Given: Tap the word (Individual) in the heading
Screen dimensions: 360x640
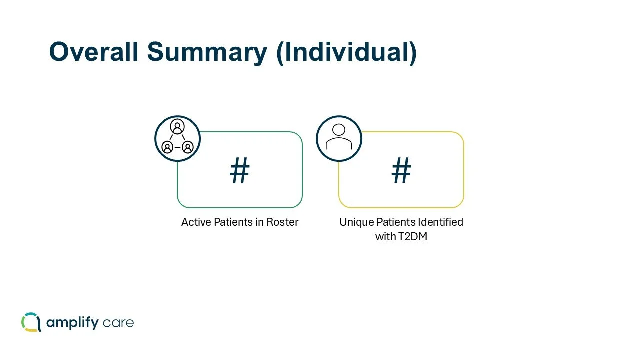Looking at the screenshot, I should click(x=346, y=52).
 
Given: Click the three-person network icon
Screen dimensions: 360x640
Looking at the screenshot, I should click(x=177, y=138).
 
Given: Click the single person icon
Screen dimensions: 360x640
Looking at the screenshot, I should click(x=339, y=138).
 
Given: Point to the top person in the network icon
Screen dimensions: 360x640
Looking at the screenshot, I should click(x=177, y=127).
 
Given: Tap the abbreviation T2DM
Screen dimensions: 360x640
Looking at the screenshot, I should click(x=412, y=237).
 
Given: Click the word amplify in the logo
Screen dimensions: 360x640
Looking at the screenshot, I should click(x=72, y=323).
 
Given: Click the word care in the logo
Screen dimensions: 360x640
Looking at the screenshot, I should click(x=118, y=323).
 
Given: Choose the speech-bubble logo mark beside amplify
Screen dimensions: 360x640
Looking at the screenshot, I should click(x=31, y=322).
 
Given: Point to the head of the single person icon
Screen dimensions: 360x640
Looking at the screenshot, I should click(x=339, y=130).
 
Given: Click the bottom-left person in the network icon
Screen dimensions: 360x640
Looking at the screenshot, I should click(x=168, y=147).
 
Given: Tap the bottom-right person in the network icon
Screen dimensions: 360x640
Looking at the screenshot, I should click(x=187, y=147).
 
